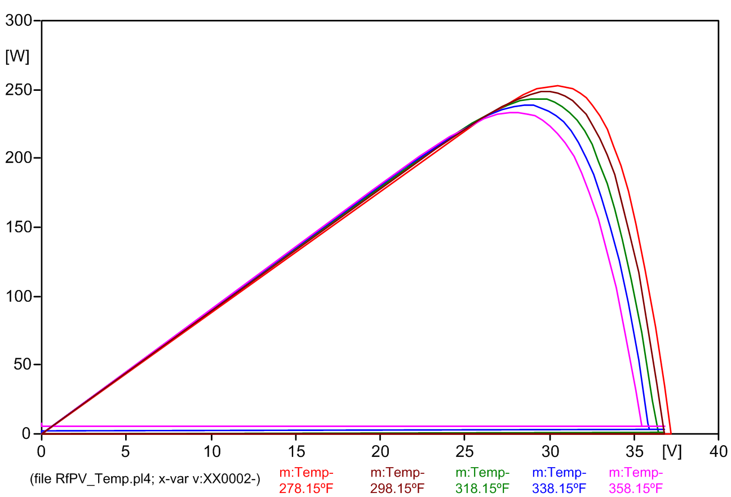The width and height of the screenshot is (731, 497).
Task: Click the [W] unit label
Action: tap(16, 56)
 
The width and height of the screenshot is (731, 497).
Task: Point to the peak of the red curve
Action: tap(557, 86)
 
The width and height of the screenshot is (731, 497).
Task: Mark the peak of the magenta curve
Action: tap(514, 112)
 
